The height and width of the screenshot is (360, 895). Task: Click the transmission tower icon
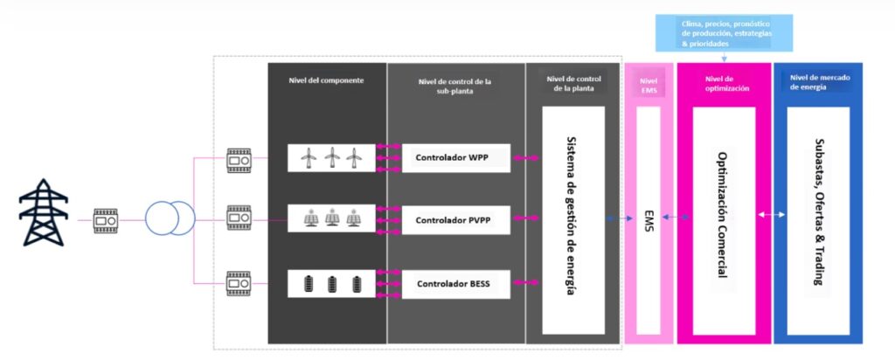point(42,214)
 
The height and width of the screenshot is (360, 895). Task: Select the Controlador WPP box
point(454,157)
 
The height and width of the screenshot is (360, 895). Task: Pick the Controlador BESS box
point(454,284)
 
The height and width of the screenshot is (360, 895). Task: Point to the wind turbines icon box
point(331,157)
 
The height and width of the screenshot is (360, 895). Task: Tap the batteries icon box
point(331,284)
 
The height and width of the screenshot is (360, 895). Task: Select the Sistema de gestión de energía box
point(573,219)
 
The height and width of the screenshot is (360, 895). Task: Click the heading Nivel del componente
point(326,80)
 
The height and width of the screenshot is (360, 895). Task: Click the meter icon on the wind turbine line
point(239,161)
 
